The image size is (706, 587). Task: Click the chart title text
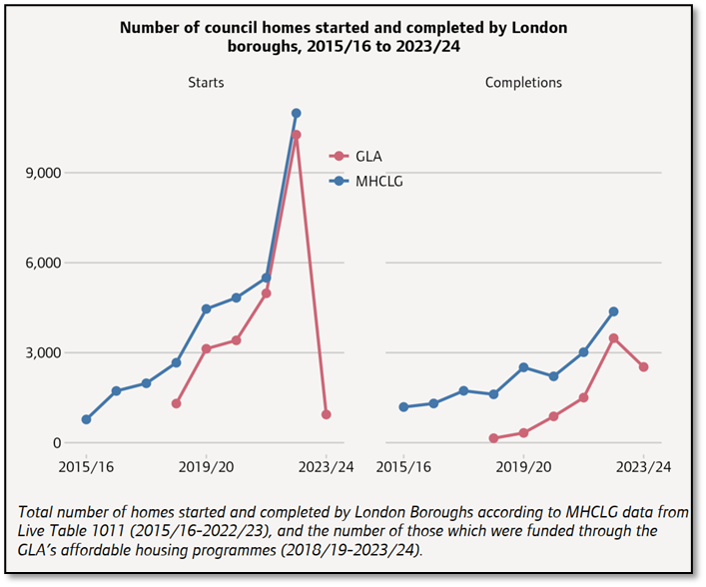pos(344,36)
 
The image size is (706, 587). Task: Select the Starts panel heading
pos(206,82)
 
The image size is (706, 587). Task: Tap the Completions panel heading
pos(523,82)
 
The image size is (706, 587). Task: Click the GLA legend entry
pos(367,156)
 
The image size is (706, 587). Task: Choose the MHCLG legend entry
pos(378,181)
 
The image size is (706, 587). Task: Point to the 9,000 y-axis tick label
pos(41,173)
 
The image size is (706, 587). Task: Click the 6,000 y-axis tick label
pos(41,263)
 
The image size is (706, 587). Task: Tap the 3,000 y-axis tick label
pos(41,352)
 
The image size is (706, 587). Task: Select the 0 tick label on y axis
pos(57,443)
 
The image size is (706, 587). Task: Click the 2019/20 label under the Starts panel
pos(206,466)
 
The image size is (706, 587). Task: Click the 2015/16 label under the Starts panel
pos(86,466)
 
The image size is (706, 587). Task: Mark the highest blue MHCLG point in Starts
pos(296,114)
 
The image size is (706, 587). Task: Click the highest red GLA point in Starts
pos(296,135)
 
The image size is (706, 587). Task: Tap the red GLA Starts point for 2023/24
pos(326,414)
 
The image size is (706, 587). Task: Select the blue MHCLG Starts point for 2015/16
pos(86,419)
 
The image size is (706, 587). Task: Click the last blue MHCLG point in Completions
pos(613,311)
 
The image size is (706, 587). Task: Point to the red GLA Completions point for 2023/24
pos(643,366)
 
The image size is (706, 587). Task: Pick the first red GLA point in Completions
pos(493,438)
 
